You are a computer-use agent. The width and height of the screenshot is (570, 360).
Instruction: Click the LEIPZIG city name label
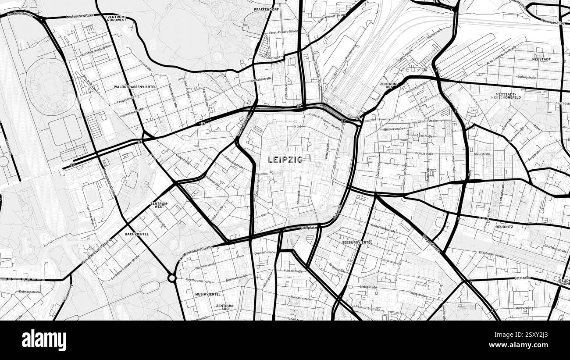click(x=285, y=160)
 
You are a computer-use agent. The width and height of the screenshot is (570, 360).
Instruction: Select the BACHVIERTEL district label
click(x=136, y=234)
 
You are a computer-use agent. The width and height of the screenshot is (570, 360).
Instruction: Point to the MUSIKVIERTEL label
click(x=208, y=294)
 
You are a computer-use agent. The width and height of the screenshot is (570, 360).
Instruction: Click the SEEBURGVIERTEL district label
click(x=357, y=242)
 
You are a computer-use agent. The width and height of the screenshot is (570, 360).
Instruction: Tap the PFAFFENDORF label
click(x=267, y=9)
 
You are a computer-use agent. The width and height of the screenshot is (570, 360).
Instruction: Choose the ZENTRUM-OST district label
click(x=389, y=85)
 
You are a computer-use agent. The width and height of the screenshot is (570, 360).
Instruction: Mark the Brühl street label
click(x=297, y=126)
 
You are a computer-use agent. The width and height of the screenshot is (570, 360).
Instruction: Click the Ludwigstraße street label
click(x=527, y=77)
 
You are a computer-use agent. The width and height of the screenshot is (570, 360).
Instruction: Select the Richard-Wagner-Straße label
click(x=324, y=121)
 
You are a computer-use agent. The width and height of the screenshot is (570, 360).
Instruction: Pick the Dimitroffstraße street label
click(x=265, y=253)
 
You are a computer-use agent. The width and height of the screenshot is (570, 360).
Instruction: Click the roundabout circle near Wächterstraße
click(x=172, y=278)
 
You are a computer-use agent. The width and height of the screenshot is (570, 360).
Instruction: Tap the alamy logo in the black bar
click(x=44, y=340)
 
